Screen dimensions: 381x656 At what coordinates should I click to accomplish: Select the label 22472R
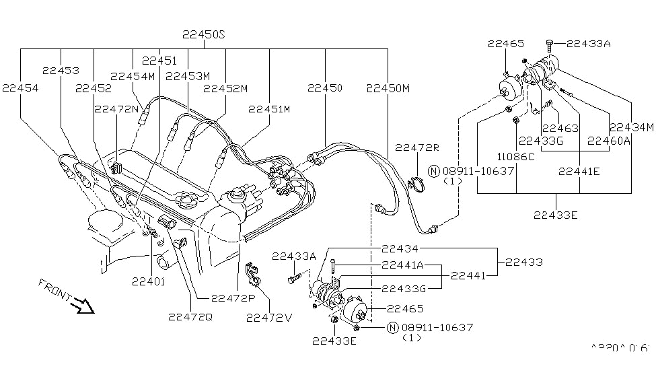click(x=416, y=147)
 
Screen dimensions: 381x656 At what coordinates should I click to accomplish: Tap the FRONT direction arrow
click(x=85, y=306)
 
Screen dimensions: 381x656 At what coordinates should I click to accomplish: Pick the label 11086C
click(x=517, y=157)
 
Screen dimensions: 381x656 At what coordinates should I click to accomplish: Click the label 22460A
click(x=608, y=141)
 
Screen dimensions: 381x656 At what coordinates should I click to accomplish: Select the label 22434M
click(x=631, y=127)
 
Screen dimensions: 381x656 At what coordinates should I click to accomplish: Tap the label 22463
click(x=561, y=128)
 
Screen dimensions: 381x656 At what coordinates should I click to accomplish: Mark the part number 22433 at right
click(x=525, y=263)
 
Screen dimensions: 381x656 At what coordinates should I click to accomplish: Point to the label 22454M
click(x=133, y=76)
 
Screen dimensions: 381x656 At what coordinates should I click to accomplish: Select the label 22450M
click(x=389, y=88)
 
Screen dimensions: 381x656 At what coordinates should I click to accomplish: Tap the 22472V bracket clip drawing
click(x=252, y=277)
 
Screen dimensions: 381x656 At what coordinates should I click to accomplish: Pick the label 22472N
click(x=116, y=108)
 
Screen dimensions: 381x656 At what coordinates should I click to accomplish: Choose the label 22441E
click(x=579, y=172)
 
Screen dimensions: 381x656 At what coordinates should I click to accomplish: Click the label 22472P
click(x=233, y=298)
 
